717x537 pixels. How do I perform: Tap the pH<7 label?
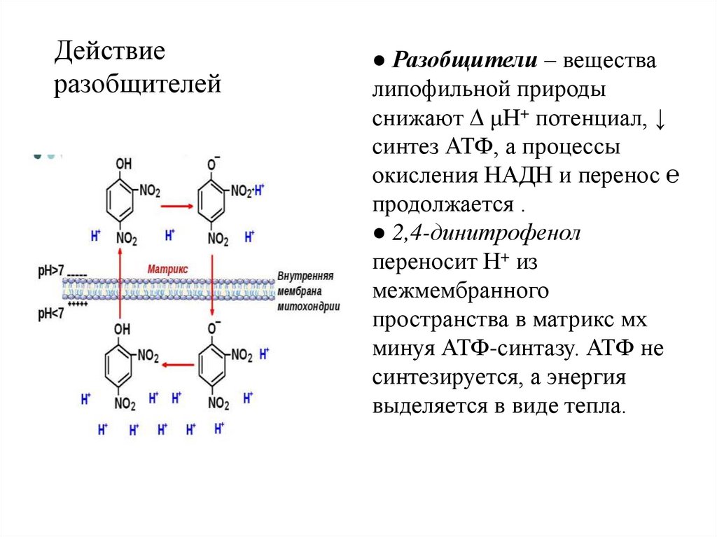tap(50, 314)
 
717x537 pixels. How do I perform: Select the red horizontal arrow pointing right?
tap(176, 207)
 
